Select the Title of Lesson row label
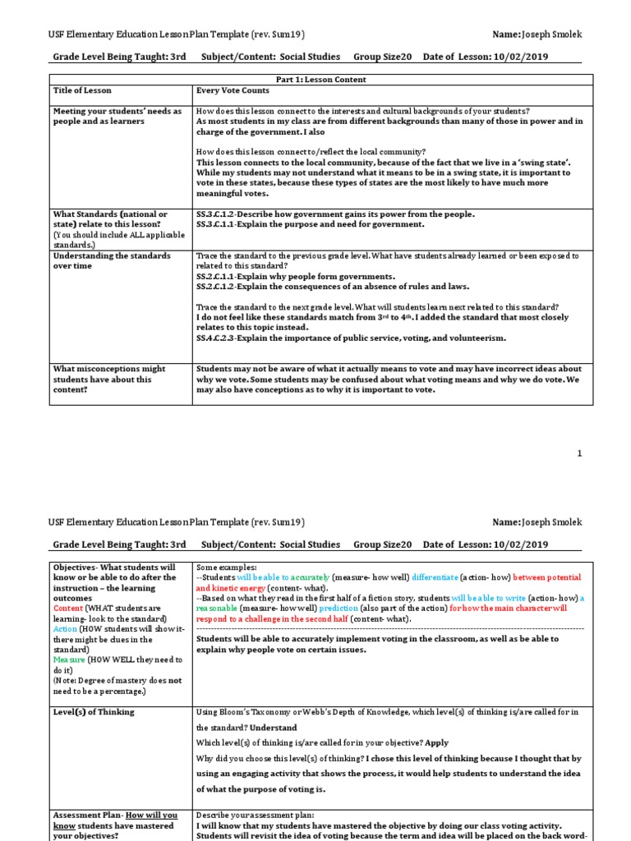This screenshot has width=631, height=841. click(x=82, y=90)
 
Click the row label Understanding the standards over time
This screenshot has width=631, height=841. click(x=112, y=261)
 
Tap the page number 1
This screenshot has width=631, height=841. click(x=579, y=453)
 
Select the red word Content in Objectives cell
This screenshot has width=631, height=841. click(x=68, y=608)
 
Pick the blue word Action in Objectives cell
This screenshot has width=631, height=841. click(x=66, y=628)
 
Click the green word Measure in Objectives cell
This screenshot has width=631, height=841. click(x=68, y=659)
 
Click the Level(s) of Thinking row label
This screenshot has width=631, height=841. click(x=94, y=712)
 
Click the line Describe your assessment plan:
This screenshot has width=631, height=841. click(x=251, y=815)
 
